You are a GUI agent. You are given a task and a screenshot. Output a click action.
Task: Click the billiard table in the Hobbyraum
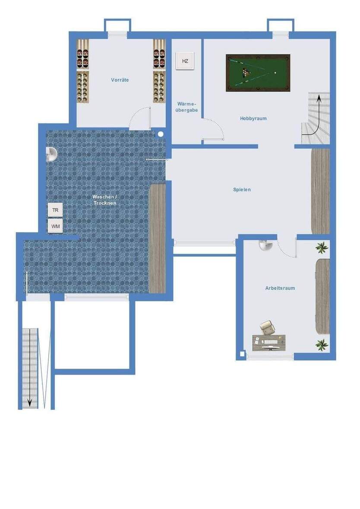[x=258, y=72]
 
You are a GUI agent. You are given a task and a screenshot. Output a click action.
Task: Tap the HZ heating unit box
[x=185, y=61]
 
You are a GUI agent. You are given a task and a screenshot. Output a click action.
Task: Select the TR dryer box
[x=55, y=210]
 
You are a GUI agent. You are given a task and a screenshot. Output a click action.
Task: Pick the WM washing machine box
[x=55, y=226]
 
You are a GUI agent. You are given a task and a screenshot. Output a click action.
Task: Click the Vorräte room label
[x=120, y=80]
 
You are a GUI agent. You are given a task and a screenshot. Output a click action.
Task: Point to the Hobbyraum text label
[x=253, y=118]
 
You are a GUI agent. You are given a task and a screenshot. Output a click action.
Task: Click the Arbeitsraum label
[x=280, y=288]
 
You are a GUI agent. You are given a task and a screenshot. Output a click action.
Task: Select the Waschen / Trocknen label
[x=104, y=199]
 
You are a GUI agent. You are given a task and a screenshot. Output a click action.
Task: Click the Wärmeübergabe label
[x=187, y=107]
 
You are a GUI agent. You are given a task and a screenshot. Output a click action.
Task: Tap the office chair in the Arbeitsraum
[x=267, y=327]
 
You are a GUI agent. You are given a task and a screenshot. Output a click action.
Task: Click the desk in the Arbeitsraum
[x=269, y=342]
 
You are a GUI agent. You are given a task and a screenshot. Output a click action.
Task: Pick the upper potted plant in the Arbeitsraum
[x=322, y=248]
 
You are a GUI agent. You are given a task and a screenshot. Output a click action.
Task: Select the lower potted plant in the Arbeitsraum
[x=322, y=344]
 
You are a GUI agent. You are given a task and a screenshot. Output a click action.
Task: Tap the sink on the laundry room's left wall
[x=51, y=154]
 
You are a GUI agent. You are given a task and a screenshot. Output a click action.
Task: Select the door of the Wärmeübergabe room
[x=213, y=139]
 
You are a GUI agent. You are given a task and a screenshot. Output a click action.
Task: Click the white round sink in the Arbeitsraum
[x=265, y=245]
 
